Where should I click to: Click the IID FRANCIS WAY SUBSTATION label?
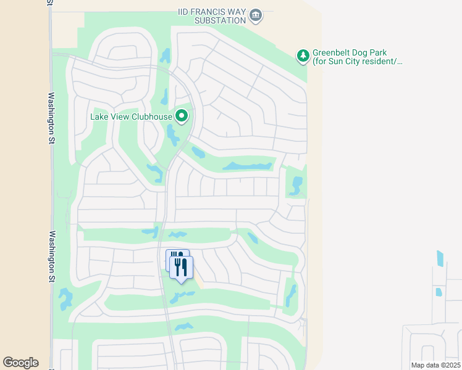coord(212,15)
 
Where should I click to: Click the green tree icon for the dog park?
coord(303,57)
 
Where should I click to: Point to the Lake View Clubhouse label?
coord(131,115)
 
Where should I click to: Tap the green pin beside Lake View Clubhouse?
coord(182,115)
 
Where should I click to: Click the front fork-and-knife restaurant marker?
coord(182,267)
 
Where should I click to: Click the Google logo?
coord(20,363)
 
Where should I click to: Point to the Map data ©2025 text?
coord(435,365)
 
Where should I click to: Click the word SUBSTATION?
coord(220,20)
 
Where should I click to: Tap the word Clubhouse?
coord(152,115)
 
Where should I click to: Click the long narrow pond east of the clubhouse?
coord(247,166)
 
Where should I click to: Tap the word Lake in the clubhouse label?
coord(99,115)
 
